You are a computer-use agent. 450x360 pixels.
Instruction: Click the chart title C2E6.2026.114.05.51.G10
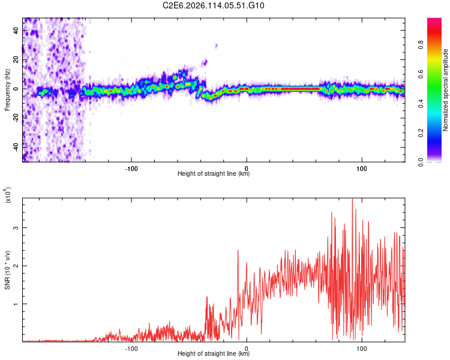(x=214, y=6)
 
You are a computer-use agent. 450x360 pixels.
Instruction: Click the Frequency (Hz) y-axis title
(x=7, y=89)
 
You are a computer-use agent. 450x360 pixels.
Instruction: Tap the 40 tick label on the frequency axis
(x=16, y=31)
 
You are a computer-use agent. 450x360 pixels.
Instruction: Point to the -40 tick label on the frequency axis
(x=16, y=146)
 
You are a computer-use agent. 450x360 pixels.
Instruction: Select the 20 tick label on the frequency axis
(x=16, y=59)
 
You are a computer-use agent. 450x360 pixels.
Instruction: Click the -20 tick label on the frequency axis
(x=16, y=118)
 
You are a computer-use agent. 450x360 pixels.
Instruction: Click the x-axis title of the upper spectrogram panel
(x=214, y=174)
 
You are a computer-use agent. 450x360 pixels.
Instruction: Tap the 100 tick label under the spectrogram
(x=362, y=167)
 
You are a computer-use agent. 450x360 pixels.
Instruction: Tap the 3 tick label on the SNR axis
(x=16, y=228)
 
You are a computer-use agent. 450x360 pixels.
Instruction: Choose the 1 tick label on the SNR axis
(x=16, y=304)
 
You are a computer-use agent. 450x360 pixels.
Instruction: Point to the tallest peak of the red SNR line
(x=352, y=199)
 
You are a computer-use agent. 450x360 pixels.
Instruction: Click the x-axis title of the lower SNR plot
(x=214, y=353)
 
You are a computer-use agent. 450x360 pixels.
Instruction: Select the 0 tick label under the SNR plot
(x=247, y=347)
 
